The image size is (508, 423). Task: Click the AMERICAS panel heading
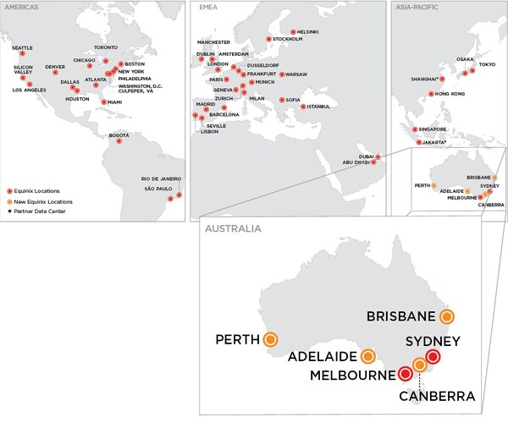22,8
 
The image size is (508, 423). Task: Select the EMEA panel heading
207,8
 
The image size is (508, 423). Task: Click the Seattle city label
23,47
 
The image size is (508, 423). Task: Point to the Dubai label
366,156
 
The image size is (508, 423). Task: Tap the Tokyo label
487,65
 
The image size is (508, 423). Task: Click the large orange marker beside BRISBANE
447,316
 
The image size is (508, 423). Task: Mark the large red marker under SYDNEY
433,358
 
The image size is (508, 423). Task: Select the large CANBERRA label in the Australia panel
439,394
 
